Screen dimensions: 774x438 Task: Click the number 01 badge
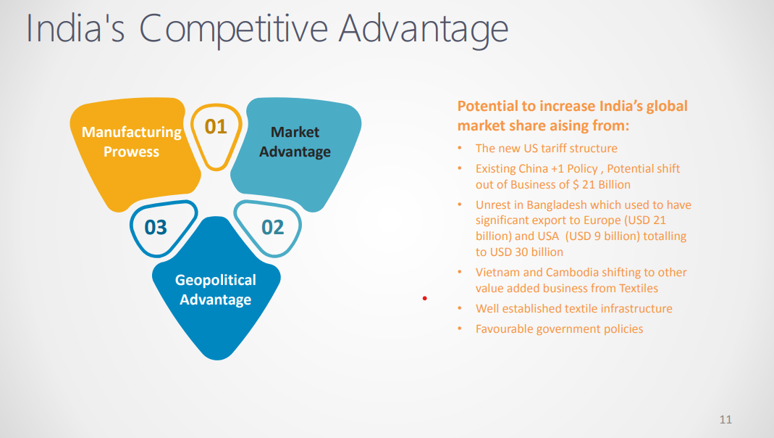click(216, 127)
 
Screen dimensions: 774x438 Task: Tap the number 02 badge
click(272, 228)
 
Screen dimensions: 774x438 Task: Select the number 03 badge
click(156, 228)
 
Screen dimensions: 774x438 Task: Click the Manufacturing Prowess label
click(131, 142)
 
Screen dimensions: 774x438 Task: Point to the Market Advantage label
click(295, 142)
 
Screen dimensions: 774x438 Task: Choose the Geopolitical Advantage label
click(216, 289)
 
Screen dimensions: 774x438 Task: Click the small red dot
click(424, 298)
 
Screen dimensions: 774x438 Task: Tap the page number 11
click(725, 419)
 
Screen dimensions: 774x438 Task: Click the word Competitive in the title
click(233, 29)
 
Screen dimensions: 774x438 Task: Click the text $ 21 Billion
click(601, 184)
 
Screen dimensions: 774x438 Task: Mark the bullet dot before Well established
click(460, 308)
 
